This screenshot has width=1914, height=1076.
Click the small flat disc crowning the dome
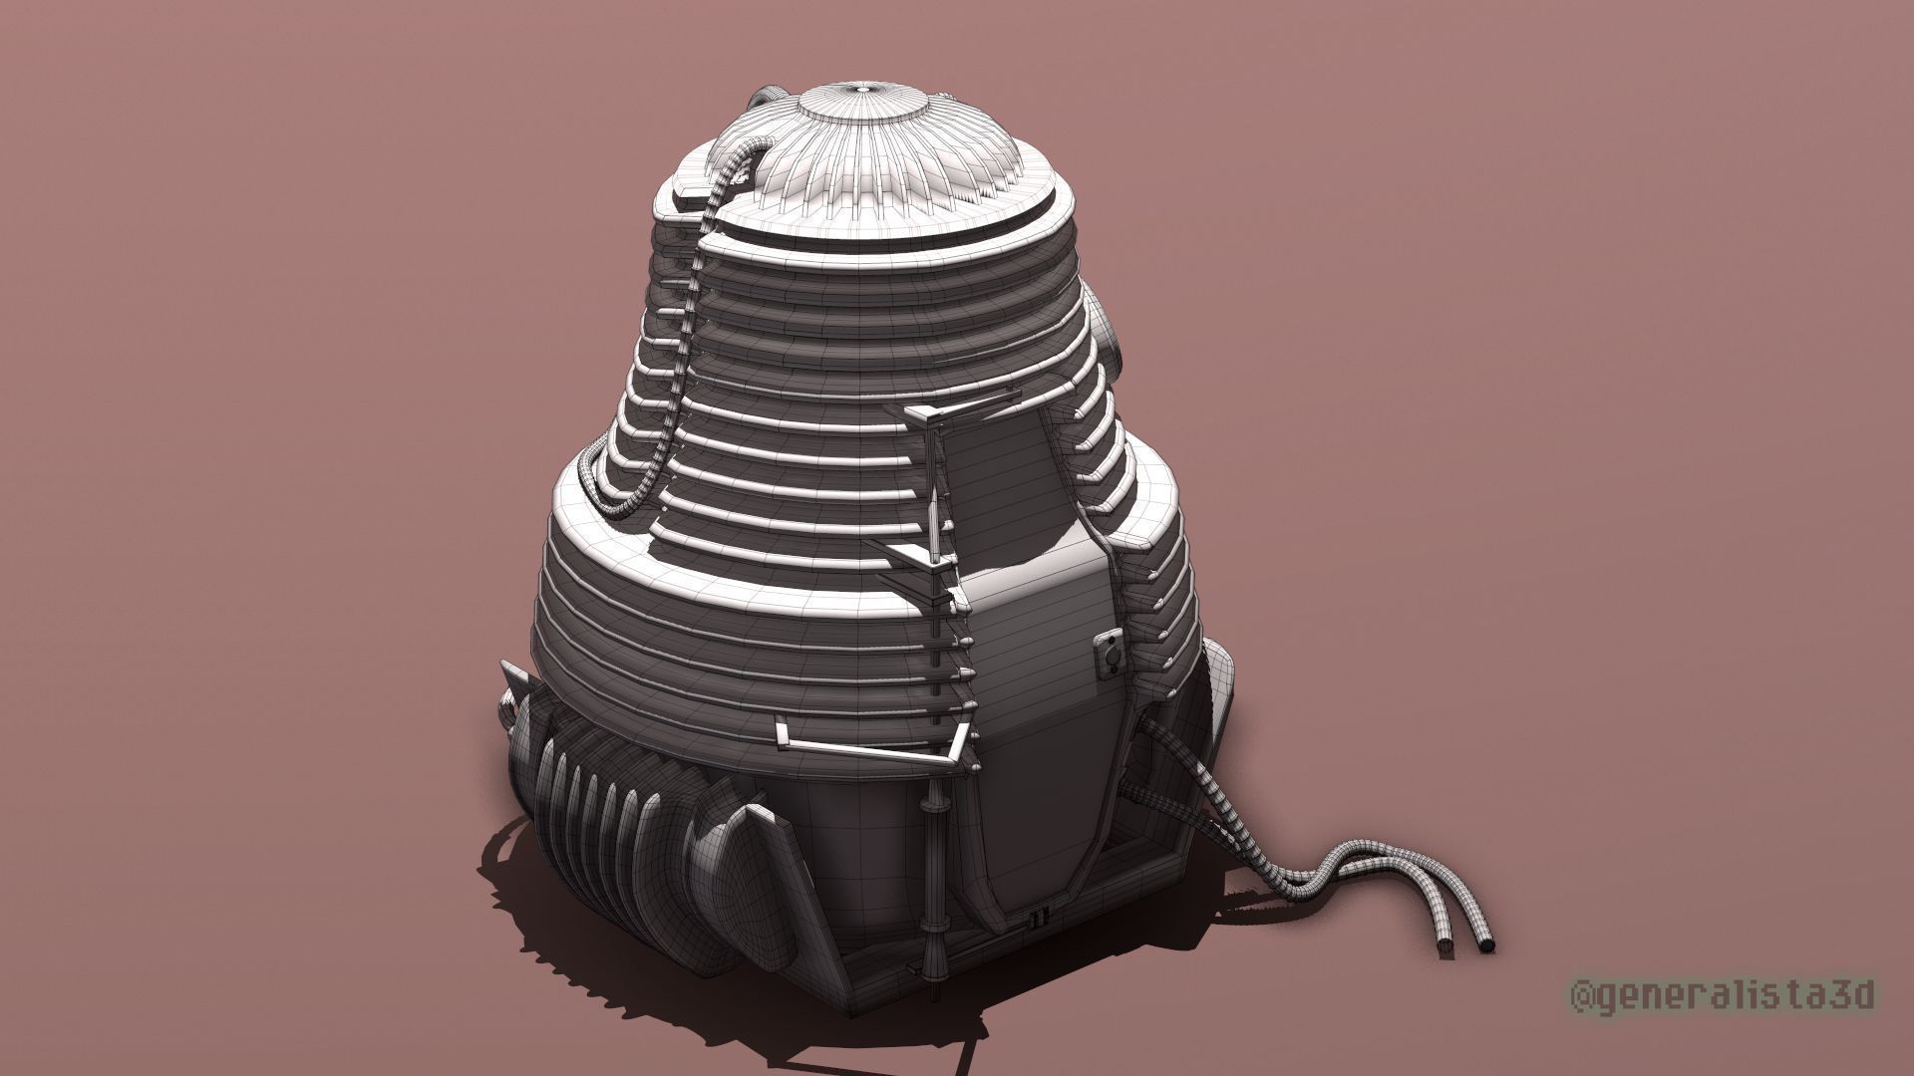point(863,92)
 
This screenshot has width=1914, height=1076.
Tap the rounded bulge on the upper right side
point(1112,339)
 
